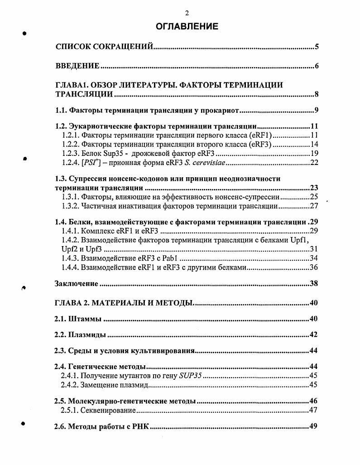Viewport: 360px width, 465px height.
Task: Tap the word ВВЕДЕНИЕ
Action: (x=77, y=67)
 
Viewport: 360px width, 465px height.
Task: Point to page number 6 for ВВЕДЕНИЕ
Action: (x=317, y=67)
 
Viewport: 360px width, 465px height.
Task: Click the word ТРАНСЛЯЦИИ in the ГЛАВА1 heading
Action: (x=84, y=95)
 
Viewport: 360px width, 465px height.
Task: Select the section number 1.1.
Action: (x=61, y=110)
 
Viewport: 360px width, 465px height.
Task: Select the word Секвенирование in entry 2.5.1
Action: (x=108, y=411)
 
